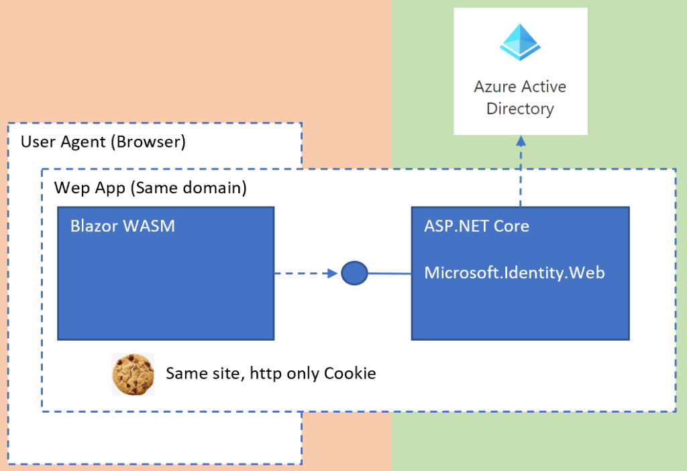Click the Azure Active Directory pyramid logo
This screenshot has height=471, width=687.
pos(520,42)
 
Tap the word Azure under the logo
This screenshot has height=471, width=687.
pos(495,87)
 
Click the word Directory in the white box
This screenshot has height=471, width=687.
pos(520,109)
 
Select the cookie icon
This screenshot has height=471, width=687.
pos(132,374)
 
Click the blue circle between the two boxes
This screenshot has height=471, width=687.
pos(354,273)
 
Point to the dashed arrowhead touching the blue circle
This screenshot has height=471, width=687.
pos(331,273)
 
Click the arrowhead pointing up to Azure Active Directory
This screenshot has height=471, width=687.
pos(520,140)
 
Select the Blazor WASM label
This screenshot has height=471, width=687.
pos(122,226)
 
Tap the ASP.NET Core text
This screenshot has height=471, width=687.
pos(476,226)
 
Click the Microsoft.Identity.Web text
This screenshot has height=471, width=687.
pos(515,272)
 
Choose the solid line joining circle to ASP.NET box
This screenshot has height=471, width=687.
pos(389,274)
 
